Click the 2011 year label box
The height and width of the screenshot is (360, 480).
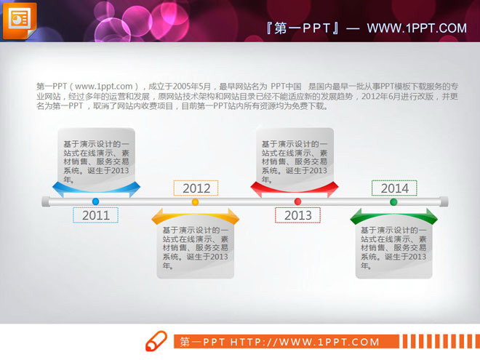click(95, 215)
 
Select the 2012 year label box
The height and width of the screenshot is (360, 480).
click(196, 188)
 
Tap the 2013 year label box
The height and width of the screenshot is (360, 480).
click(297, 215)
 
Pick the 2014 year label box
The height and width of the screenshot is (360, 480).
click(394, 188)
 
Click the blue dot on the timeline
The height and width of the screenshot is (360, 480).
click(95, 201)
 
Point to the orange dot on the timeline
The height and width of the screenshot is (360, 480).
click(195, 201)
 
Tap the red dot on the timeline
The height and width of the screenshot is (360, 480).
click(297, 201)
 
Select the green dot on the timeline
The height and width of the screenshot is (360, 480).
click(393, 201)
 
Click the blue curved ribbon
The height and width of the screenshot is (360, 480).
click(95, 191)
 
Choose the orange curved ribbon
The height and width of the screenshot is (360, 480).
click(195, 216)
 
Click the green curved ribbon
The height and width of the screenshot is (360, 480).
click(393, 216)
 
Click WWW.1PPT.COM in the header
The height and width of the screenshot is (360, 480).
click(416, 28)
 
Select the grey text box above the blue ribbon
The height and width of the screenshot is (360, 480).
click(95, 156)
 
